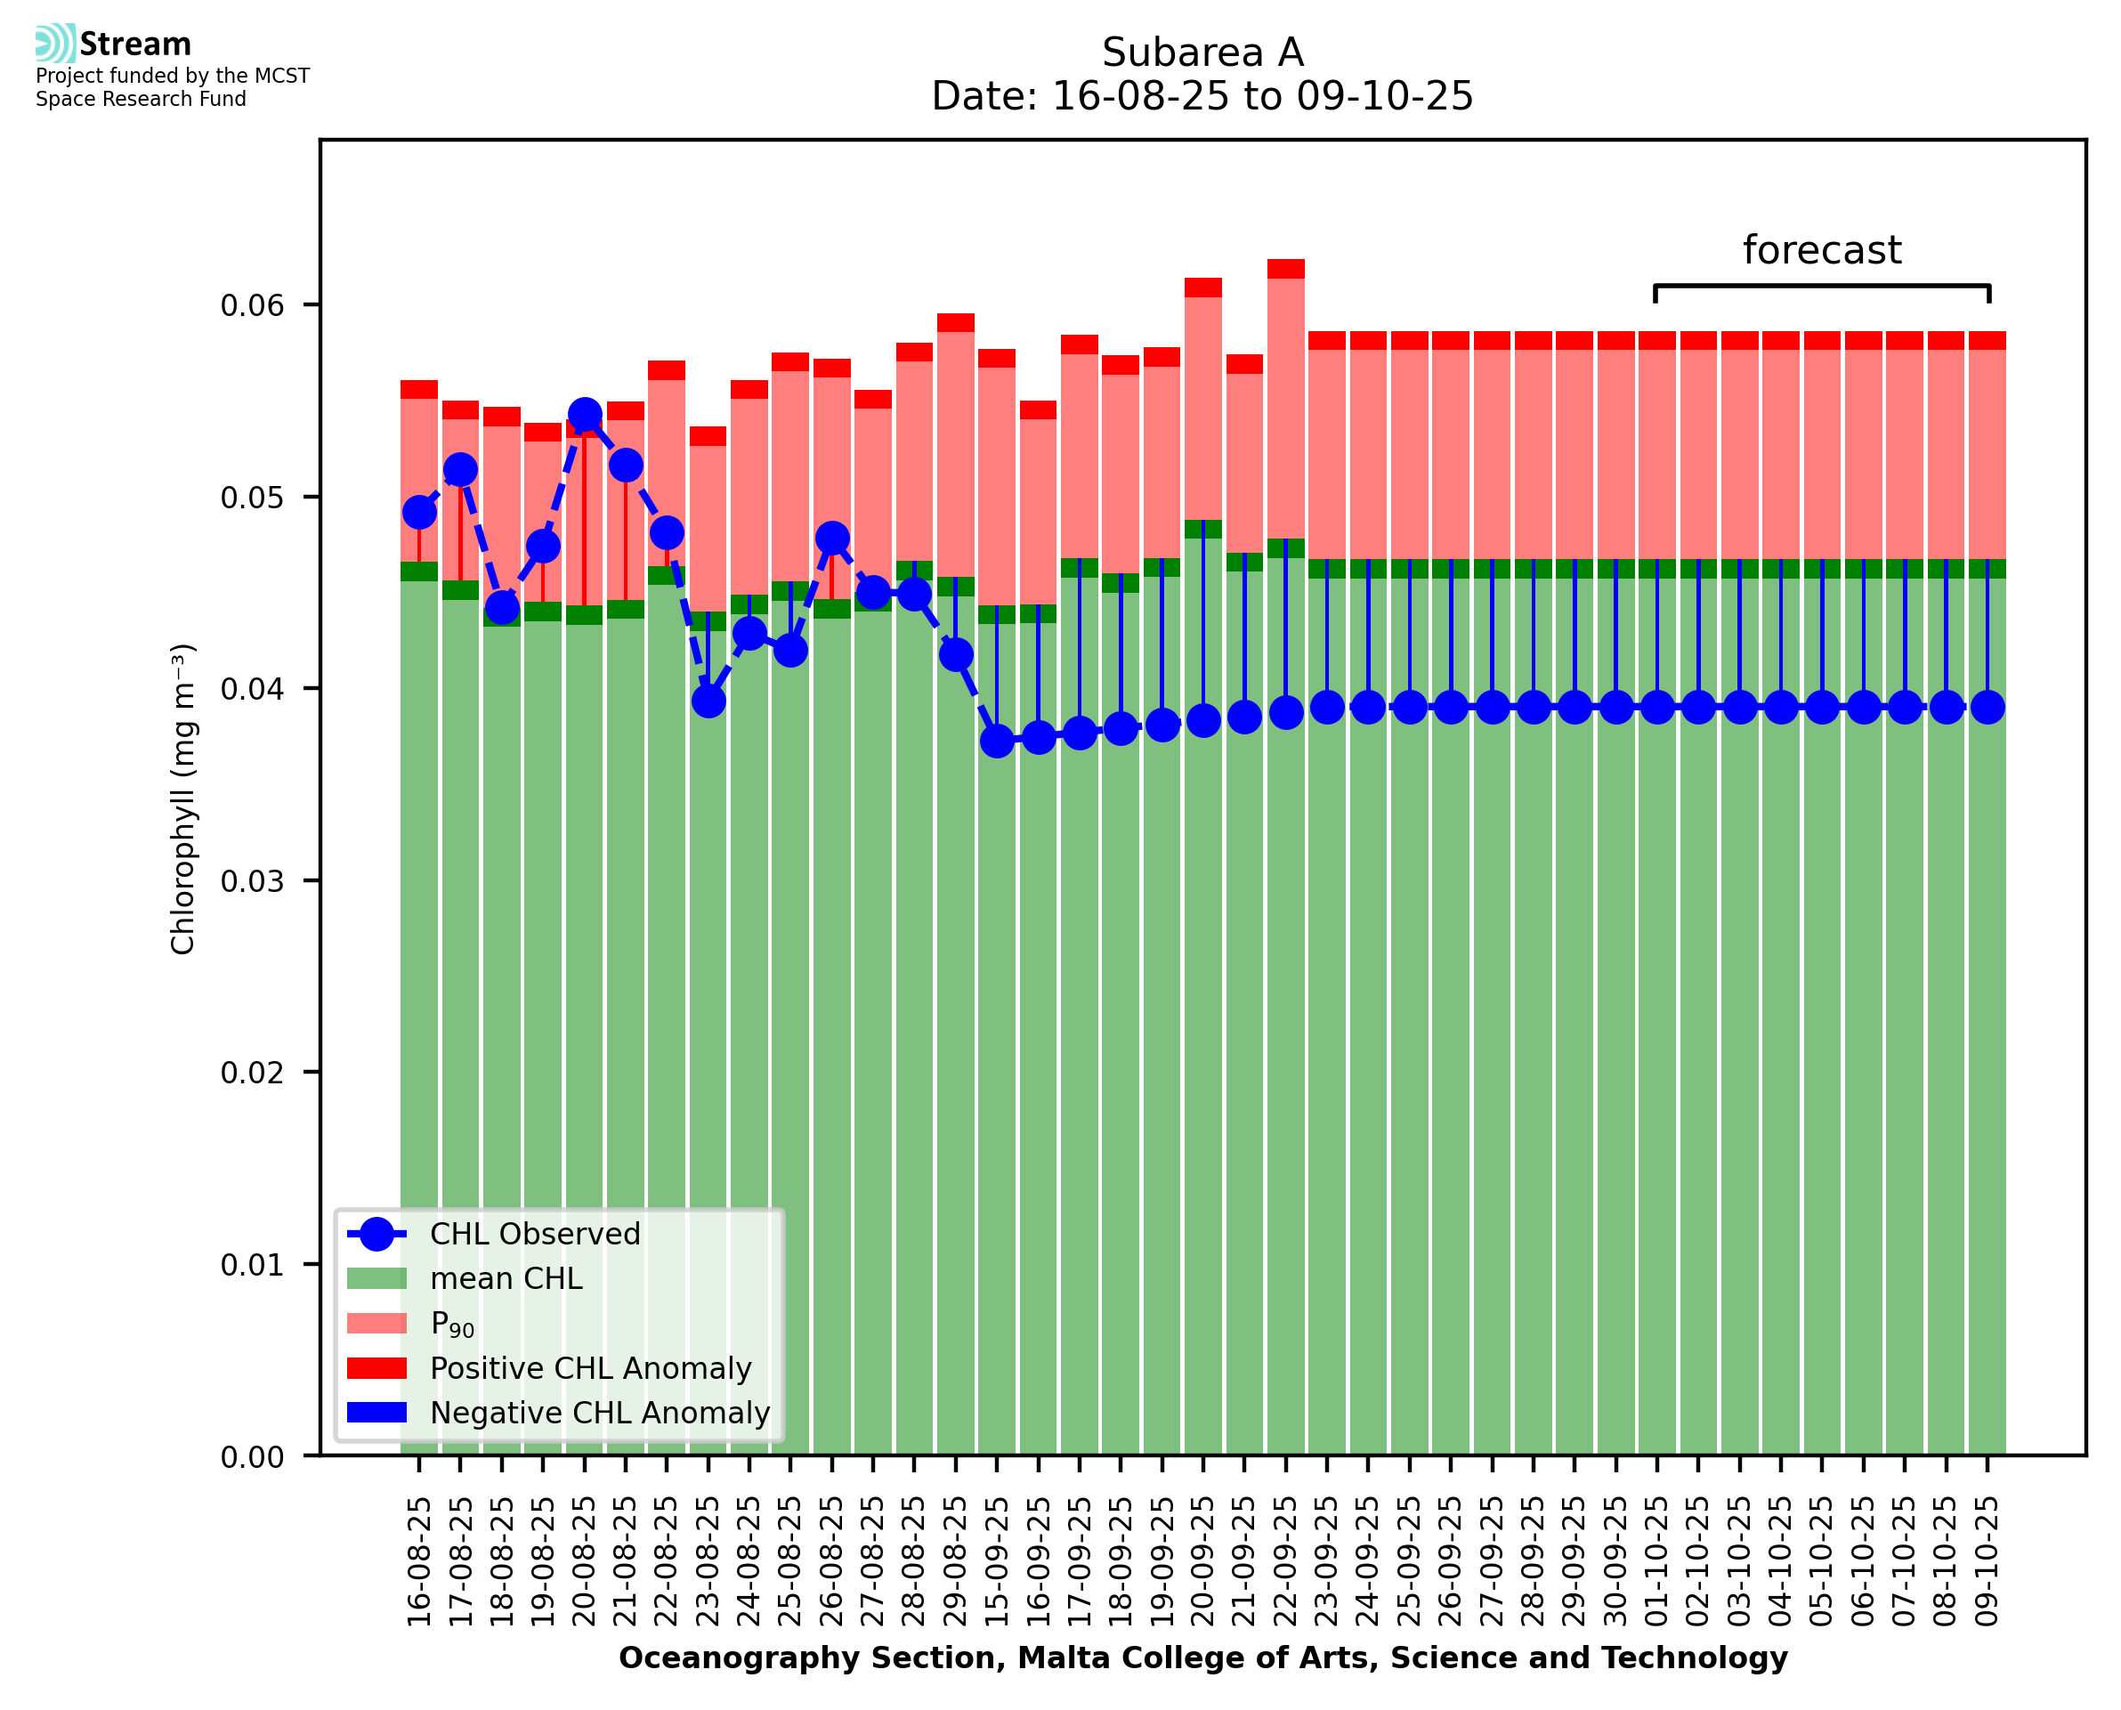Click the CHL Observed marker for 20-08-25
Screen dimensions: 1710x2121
(585, 415)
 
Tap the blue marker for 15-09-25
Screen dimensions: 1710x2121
(998, 741)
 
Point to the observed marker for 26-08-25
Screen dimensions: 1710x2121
(832, 538)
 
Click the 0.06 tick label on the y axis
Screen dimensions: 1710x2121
(251, 305)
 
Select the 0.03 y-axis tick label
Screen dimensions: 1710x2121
(251, 880)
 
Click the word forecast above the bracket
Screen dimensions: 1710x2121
(1822, 250)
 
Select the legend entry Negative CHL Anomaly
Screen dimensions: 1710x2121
(599, 1413)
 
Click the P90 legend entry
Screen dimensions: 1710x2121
(452, 1324)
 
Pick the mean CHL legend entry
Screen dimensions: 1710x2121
(506, 1278)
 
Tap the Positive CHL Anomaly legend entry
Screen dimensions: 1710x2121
(590, 1368)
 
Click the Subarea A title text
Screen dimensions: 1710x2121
(1202, 53)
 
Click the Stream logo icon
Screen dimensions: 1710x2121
(55, 44)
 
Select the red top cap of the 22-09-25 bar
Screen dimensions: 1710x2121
(1286, 269)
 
